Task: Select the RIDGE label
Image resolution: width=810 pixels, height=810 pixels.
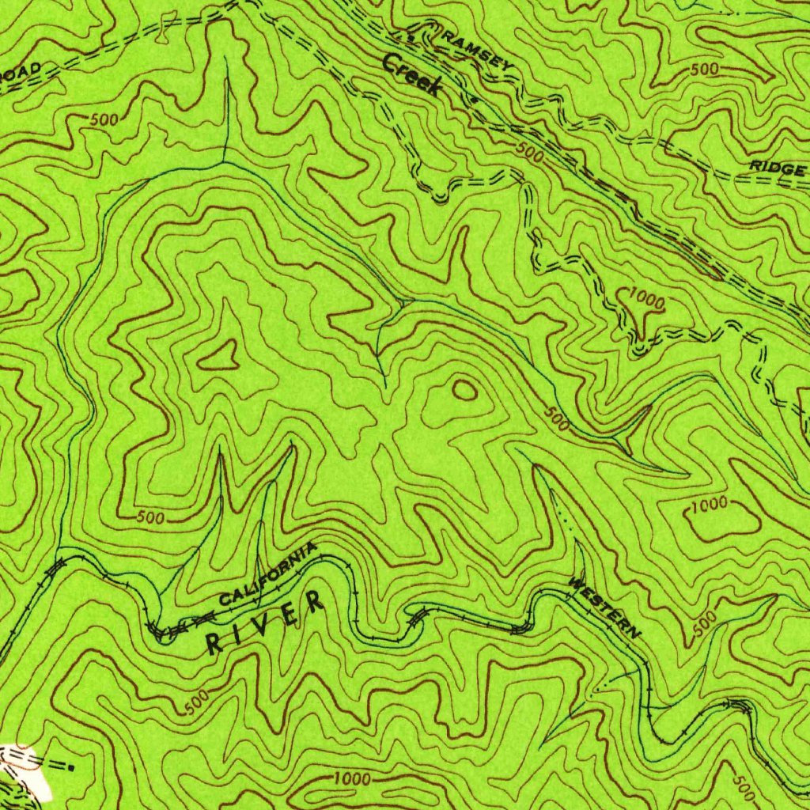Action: coord(778,168)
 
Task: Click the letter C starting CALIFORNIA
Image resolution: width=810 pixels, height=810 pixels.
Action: coord(225,600)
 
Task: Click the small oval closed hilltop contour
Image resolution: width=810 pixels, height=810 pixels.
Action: coord(464,388)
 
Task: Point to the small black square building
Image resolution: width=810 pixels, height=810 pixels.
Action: coord(72,766)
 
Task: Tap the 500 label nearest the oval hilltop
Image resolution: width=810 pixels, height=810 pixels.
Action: coord(557,420)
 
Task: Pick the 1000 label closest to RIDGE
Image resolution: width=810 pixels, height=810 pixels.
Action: coord(647,299)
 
